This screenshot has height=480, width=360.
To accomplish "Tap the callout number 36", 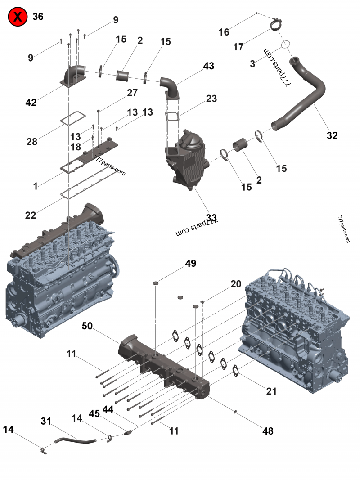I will [x=38, y=17].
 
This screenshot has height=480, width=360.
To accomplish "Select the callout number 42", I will [x=31, y=103].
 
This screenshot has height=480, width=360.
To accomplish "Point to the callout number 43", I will [x=208, y=66].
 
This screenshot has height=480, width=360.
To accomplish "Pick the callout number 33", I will [x=211, y=219].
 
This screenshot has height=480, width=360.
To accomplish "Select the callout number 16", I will [x=224, y=32].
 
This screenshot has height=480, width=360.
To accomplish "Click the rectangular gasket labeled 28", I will [x=67, y=121].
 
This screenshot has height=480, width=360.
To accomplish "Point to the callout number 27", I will [x=132, y=93].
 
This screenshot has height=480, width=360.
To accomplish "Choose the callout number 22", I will [x=31, y=215].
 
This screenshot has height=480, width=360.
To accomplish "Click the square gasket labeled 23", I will [x=172, y=116].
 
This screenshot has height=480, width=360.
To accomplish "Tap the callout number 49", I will [x=191, y=264].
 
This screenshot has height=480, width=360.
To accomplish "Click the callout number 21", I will [x=271, y=391].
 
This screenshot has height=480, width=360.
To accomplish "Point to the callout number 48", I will [x=268, y=431].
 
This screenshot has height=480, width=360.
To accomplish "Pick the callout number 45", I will [x=94, y=413].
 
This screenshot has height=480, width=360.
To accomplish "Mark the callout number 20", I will [x=236, y=284].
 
